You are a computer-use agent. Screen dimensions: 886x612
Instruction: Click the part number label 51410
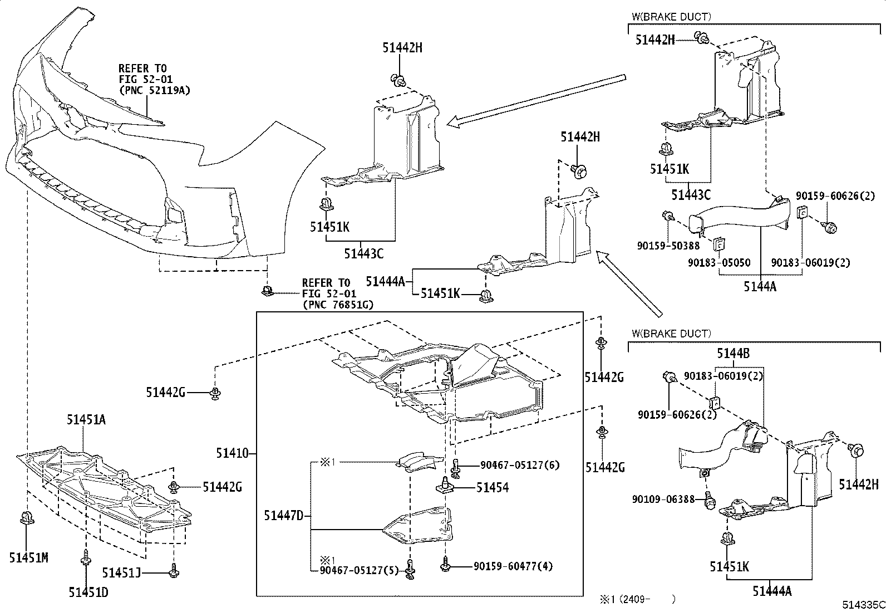pyautogui.click(x=232, y=453)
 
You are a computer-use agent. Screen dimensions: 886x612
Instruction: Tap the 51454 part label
pyautogui.click(x=493, y=487)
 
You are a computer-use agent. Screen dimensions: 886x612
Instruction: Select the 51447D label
pyautogui.click(x=284, y=516)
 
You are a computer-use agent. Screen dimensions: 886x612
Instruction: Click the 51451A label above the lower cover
pyautogui.click(x=86, y=419)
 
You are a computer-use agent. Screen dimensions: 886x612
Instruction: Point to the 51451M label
pyautogui.click(x=29, y=557)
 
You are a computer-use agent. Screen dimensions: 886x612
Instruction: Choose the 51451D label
pyautogui.click(x=88, y=592)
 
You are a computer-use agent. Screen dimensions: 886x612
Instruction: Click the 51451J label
pyautogui.click(x=121, y=572)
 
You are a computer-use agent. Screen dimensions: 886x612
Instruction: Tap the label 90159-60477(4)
pyautogui.click(x=513, y=566)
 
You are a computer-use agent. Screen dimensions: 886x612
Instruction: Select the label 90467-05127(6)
pyautogui.click(x=520, y=465)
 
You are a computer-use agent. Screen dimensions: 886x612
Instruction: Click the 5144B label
pyautogui.click(x=734, y=353)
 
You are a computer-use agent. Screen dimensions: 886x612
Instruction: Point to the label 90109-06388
pyautogui.click(x=663, y=499)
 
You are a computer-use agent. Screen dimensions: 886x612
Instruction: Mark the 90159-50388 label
pyautogui.click(x=668, y=246)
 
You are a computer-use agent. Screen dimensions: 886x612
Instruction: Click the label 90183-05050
pyautogui.click(x=719, y=262)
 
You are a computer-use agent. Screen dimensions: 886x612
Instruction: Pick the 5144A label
pyautogui.click(x=760, y=286)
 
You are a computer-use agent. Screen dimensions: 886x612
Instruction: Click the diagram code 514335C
pyautogui.click(x=863, y=605)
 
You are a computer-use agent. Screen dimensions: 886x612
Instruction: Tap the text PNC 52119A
pyautogui.click(x=155, y=90)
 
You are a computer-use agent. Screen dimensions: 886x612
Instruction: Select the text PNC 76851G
pyautogui.click(x=338, y=305)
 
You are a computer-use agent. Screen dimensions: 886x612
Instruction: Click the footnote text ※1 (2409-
pyautogui.click(x=626, y=599)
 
